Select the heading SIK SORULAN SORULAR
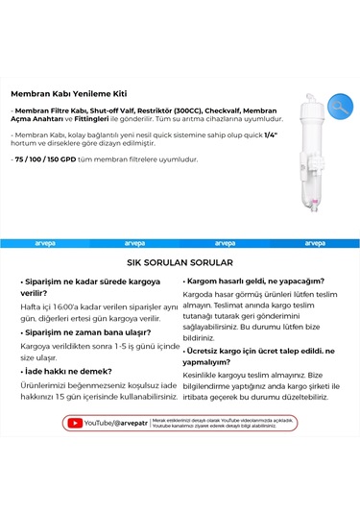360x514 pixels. (x=180, y=260)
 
